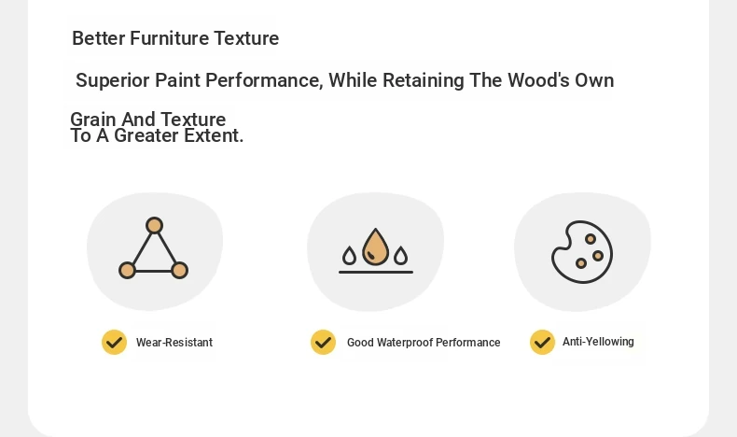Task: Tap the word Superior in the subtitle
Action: [x=113, y=81]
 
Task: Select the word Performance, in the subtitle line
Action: [x=265, y=80]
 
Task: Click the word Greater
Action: [x=146, y=136]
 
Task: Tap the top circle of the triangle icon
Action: [x=154, y=225]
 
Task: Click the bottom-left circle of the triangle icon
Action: [x=127, y=271]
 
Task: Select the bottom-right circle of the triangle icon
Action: [x=179, y=271]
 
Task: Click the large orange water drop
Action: [x=376, y=247]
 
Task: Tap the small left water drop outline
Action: [x=349, y=256]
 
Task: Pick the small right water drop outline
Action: [x=400, y=256]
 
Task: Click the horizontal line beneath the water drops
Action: [x=376, y=272]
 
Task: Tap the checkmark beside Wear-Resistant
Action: [x=114, y=343]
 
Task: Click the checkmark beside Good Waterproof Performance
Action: [x=324, y=343]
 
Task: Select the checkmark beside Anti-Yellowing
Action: [x=542, y=342]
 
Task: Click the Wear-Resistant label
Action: [x=174, y=343]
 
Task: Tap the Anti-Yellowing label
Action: [x=598, y=342]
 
